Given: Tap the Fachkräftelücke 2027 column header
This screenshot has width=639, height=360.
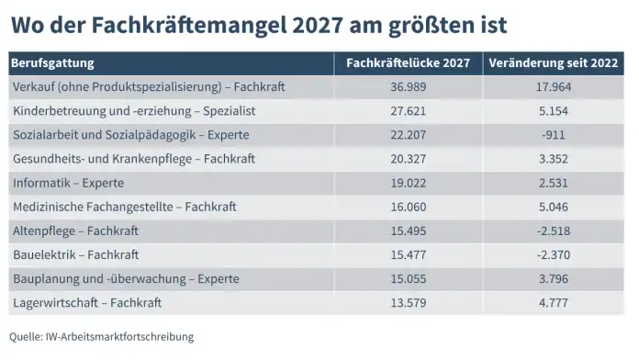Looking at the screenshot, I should click(x=408, y=63).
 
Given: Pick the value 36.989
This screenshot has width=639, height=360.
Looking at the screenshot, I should click(x=408, y=87).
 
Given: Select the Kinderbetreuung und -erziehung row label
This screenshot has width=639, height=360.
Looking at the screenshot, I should click(x=134, y=111).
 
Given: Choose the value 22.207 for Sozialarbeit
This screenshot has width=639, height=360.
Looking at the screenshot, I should click(x=408, y=135).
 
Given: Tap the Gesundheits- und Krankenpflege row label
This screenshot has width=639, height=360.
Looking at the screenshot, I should click(x=132, y=159).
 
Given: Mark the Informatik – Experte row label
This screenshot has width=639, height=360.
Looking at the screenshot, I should click(x=69, y=183).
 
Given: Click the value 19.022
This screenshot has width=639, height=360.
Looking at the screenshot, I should click(x=408, y=183).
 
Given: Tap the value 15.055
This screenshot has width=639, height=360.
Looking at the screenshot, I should click(x=408, y=278).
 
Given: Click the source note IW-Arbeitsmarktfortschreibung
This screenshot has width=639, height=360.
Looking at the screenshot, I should click(x=120, y=337).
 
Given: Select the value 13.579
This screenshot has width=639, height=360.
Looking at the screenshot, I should click(x=408, y=302).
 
